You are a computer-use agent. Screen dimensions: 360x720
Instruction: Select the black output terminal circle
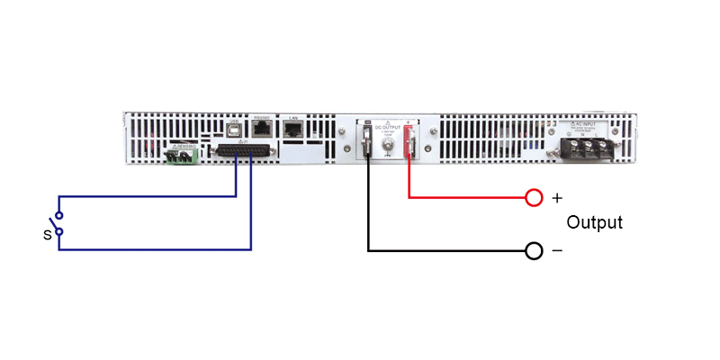[x=534, y=250]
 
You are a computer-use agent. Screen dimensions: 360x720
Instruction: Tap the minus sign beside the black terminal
[x=556, y=251]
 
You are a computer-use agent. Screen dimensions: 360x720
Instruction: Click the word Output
[x=594, y=222]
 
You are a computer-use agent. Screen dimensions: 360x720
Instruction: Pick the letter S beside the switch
[x=46, y=234]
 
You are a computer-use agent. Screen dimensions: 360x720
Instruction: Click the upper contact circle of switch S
[x=59, y=215]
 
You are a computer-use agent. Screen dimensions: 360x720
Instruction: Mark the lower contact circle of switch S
[x=59, y=232]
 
